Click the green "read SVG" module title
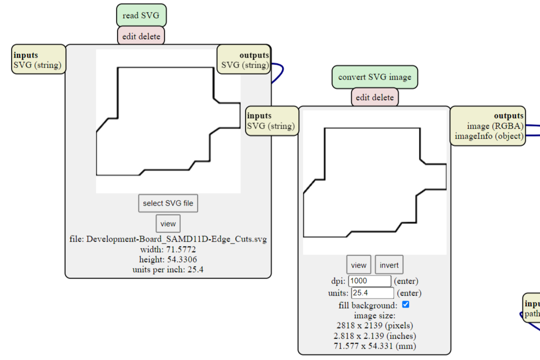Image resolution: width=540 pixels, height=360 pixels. point(141,15)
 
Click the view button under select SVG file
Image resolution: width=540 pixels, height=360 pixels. point(168,224)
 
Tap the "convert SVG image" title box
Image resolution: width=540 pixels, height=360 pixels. point(374,77)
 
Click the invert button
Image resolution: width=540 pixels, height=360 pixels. point(389,265)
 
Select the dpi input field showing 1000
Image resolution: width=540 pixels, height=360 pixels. point(369,281)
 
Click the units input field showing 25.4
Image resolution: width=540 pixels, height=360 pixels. point(372,293)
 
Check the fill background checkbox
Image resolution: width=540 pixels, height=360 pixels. point(405,304)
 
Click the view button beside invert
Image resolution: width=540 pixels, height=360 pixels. point(358,265)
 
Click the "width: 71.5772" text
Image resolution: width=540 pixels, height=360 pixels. point(168,249)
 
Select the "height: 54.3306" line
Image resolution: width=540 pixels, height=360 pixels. point(168,259)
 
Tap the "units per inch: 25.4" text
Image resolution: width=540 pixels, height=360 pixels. point(168,269)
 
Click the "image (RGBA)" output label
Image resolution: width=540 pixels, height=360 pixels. point(495,126)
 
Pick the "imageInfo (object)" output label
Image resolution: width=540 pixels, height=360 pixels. point(489,136)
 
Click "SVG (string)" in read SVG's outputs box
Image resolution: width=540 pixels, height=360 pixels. point(245,65)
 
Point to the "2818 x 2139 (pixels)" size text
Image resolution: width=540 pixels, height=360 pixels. point(374,325)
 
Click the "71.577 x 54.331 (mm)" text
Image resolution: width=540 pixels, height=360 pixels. point(374,346)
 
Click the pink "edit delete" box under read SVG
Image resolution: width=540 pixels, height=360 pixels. point(141,36)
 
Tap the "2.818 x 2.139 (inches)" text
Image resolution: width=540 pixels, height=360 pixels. point(374,335)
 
